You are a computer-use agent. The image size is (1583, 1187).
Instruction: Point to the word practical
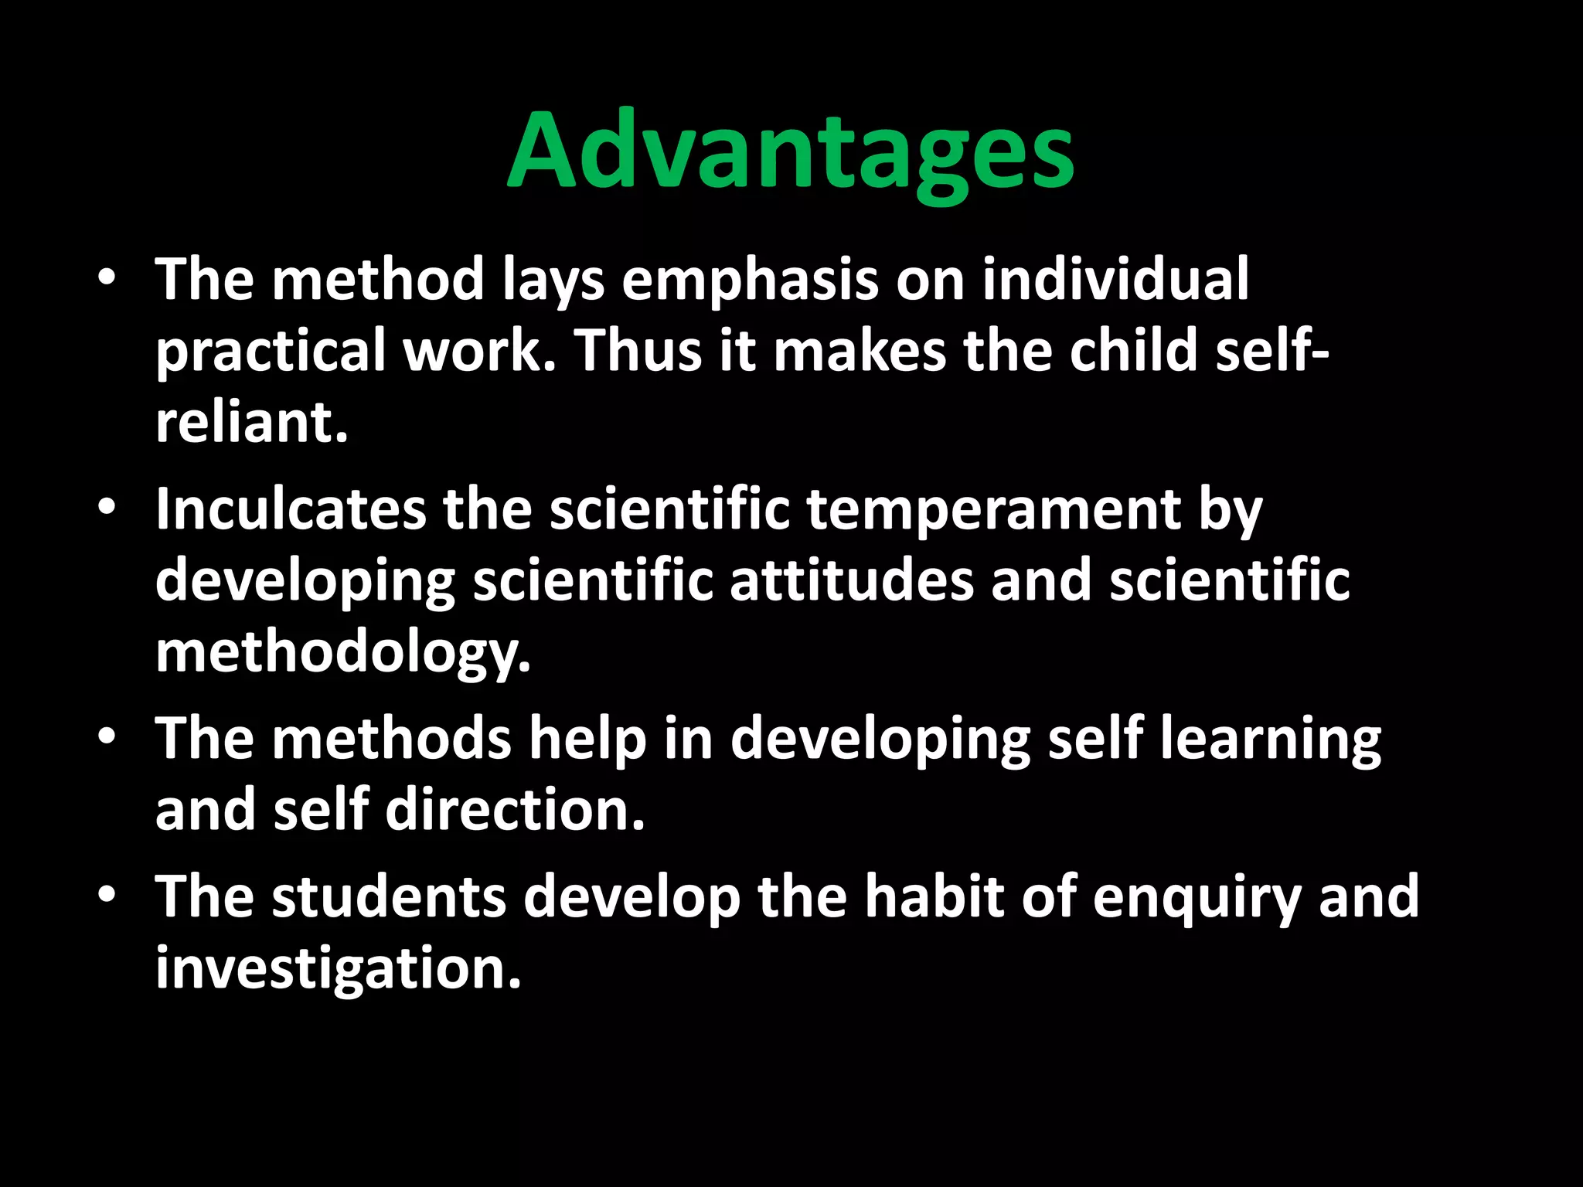pos(271,352)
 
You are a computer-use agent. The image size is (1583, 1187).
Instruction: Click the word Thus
pos(637,350)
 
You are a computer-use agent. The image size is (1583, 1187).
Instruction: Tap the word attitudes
pos(852,580)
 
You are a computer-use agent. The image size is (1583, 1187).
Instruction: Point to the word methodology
pos(343,653)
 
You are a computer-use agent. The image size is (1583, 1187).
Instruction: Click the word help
pos(587,739)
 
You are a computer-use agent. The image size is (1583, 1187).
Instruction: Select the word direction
pos(515,810)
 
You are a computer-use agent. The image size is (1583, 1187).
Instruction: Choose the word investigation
pos(339,969)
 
